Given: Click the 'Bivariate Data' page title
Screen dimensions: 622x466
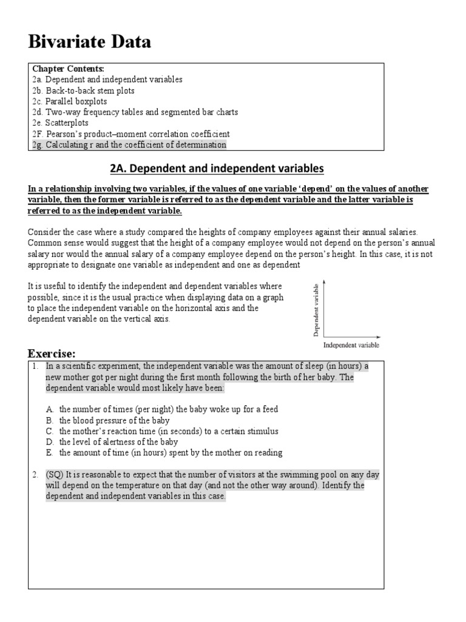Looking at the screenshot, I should (90, 42).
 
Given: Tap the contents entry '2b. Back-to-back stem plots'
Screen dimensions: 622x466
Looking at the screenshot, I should (83, 91).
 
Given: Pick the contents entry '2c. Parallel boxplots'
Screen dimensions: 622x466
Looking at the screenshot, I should (72, 101).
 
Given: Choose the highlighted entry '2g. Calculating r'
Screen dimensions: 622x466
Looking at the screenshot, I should (129, 145).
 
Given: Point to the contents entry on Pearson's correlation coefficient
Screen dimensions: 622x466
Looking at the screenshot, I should (131, 134).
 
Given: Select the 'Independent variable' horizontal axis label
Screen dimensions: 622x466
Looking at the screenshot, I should (351, 344).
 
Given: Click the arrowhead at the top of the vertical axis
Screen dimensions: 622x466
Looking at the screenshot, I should (325, 282).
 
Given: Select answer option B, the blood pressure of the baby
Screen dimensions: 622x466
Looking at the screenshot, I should (114, 420).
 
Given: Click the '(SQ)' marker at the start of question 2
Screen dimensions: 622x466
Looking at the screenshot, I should (55, 474).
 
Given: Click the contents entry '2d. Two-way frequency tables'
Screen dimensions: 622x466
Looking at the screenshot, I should (135, 112).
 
